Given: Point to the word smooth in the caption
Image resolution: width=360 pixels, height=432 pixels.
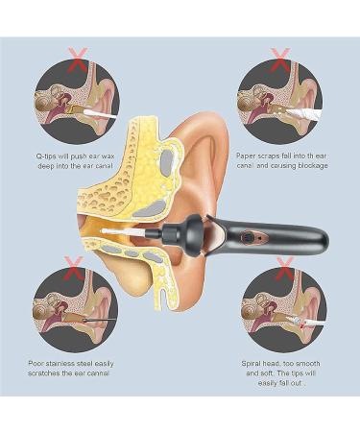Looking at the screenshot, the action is (311, 362).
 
